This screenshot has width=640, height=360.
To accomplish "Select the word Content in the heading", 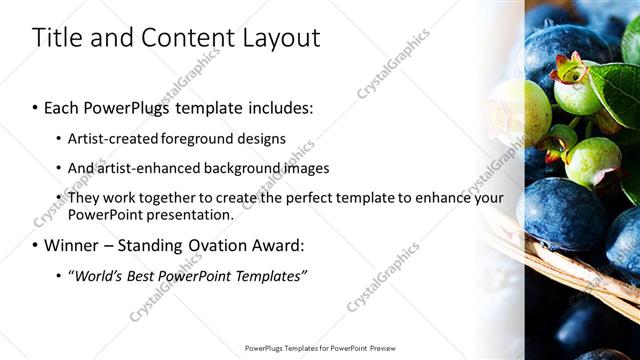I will tap(185, 38).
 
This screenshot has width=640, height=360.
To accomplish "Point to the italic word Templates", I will tap(270, 275).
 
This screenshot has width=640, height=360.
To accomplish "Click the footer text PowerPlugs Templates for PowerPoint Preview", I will tap(320, 349).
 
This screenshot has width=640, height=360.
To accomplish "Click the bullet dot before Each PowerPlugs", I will tap(36, 107).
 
